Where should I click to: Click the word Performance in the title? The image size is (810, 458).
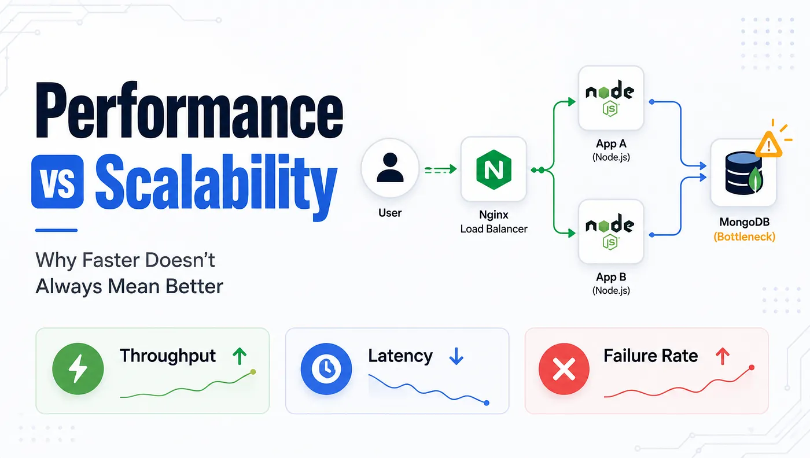click(x=189, y=110)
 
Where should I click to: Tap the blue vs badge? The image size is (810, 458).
click(x=57, y=182)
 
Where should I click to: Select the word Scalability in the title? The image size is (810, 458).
click(x=216, y=186)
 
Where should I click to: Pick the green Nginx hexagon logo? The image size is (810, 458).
click(x=494, y=169)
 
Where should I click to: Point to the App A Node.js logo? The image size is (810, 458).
click(x=610, y=98)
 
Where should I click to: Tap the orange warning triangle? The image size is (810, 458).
click(x=769, y=145)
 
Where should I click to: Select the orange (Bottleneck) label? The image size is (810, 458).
click(x=744, y=237)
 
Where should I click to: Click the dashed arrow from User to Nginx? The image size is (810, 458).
click(x=440, y=169)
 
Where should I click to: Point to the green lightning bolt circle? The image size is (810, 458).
click(x=78, y=368)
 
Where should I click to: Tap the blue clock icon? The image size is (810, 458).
click(x=326, y=368)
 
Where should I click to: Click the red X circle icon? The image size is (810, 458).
click(x=564, y=368)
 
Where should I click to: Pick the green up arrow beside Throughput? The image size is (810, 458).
click(x=240, y=356)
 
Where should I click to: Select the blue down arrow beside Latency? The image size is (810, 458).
click(x=456, y=356)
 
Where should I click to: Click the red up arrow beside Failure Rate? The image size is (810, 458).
click(x=723, y=356)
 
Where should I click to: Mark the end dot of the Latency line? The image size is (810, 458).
click(x=487, y=402)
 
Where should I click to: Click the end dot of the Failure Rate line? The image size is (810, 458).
click(x=752, y=368)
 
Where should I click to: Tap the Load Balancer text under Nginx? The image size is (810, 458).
click(x=494, y=229)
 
